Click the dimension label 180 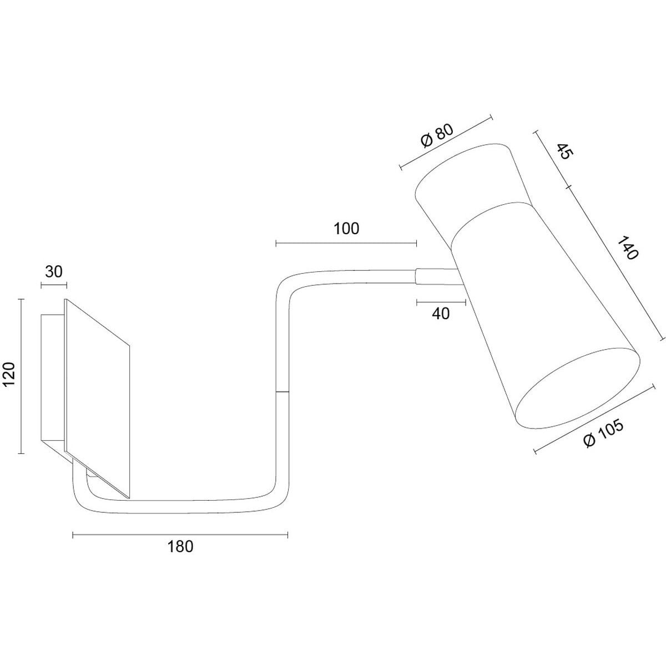point(180,547)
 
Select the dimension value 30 point(54,272)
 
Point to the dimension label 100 point(346,229)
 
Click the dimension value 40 point(441,314)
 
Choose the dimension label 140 point(627,248)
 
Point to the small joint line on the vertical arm point(282,392)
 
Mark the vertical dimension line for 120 point(22,376)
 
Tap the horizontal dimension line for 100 point(346,244)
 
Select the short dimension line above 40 point(441,302)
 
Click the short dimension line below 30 point(54,285)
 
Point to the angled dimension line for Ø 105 point(594,418)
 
